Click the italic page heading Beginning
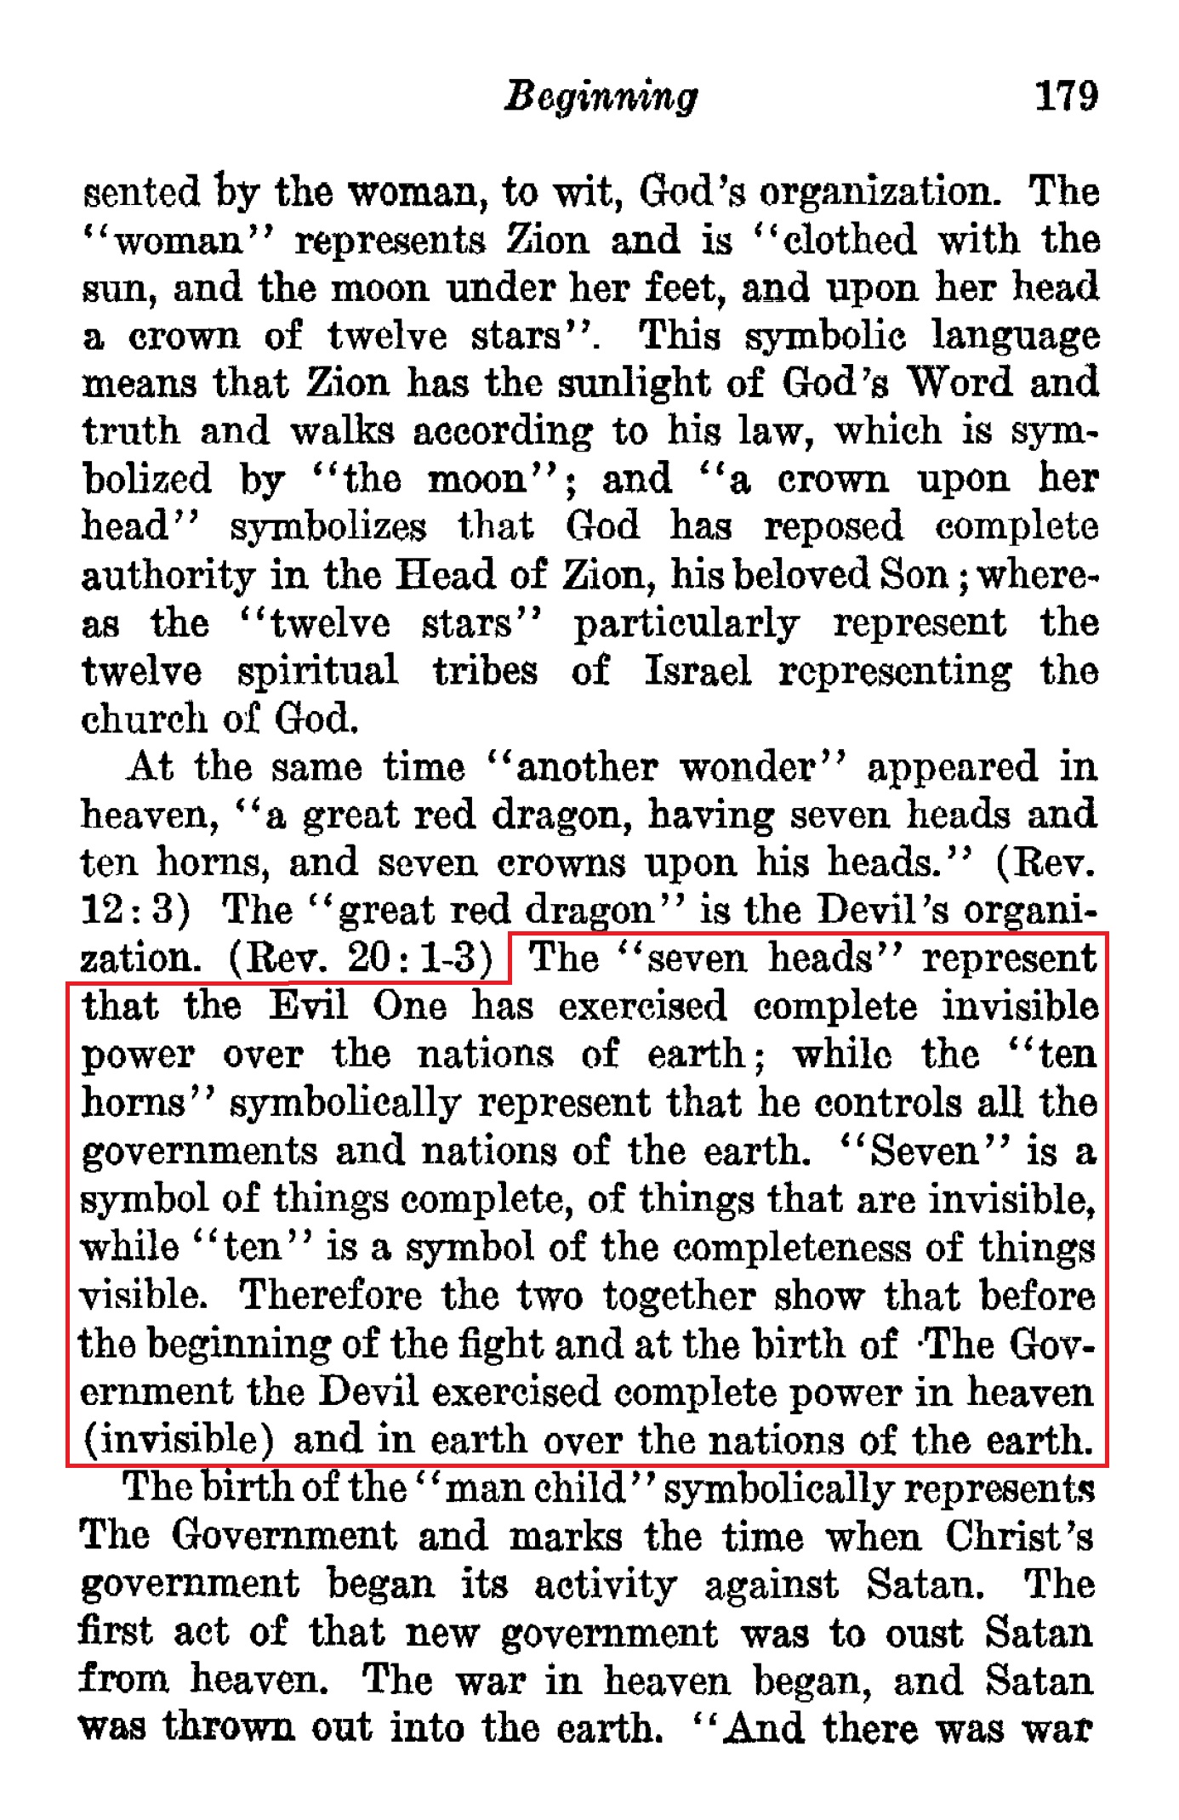601,97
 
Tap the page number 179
1065,96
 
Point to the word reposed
833,527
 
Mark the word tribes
485,671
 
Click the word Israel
698,671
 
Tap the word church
144,719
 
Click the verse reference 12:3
134,911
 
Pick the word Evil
308,1007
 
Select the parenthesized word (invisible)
178,1441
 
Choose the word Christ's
1019,1537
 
